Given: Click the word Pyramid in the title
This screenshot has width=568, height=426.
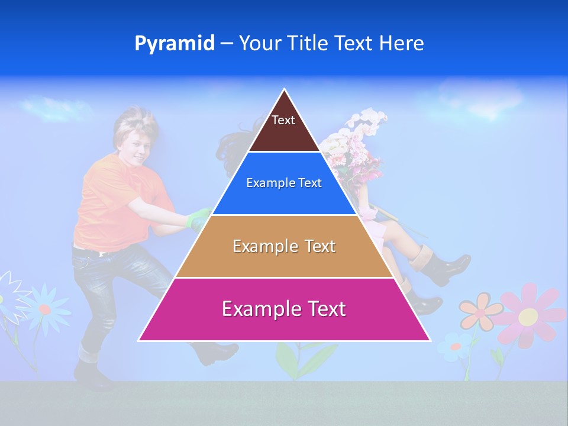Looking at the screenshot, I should point(174,44).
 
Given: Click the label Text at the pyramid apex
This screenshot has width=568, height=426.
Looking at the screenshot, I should point(283,120).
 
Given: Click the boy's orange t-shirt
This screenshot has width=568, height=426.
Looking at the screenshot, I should point(104,201).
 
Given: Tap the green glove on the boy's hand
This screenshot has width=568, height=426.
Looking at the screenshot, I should point(199,220).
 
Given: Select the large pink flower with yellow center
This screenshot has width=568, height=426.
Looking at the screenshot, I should point(528,315).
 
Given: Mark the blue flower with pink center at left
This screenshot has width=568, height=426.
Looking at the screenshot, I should point(45,308).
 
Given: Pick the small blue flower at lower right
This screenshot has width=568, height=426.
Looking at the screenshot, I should point(456,346).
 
